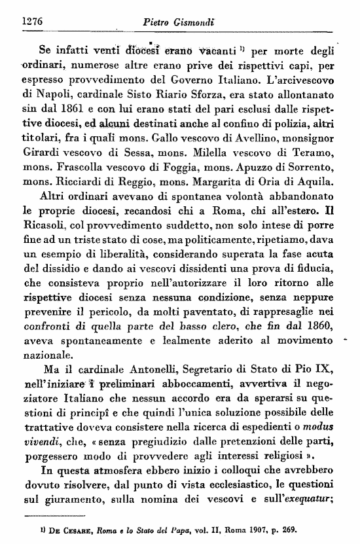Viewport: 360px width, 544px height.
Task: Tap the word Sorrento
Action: [314, 169]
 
